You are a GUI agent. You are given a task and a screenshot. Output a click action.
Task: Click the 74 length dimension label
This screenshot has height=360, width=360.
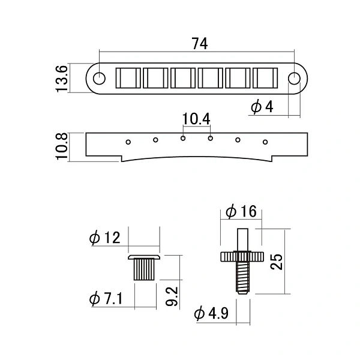[x=200, y=44]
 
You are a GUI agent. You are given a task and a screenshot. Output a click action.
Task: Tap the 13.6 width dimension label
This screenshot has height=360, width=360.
[x=62, y=79]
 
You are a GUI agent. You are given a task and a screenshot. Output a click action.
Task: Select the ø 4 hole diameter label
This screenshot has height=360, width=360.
[x=262, y=107]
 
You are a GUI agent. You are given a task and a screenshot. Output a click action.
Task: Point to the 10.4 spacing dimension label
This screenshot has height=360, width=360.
[x=196, y=119]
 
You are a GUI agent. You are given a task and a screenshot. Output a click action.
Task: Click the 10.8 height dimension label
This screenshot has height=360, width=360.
[x=62, y=146]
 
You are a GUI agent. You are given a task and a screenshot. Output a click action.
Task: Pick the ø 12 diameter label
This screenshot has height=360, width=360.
[x=104, y=238]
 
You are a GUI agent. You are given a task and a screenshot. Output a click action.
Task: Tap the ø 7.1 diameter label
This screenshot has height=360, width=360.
[x=106, y=298]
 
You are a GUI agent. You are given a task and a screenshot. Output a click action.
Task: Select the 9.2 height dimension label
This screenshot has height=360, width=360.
[x=172, y=296]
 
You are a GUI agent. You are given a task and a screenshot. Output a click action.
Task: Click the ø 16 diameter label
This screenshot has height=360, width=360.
[x=241, y=211]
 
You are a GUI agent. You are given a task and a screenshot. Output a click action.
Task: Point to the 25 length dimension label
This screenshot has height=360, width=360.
[x=276, y=262]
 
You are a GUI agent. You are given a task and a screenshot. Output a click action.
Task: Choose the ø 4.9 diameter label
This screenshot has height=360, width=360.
[x=211, y=313]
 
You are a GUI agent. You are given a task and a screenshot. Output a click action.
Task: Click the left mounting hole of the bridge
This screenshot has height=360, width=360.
[x=99, y=79]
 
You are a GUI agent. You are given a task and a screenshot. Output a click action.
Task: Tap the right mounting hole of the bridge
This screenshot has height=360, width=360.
[x=294, y=79]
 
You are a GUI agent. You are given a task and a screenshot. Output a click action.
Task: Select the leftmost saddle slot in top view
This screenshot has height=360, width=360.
[x=128, y=78]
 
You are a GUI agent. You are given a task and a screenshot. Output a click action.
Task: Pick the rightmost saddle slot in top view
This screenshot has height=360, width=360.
[x=265, y=78]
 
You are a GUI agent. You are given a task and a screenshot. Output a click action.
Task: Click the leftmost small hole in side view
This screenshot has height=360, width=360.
[x=128, y=142]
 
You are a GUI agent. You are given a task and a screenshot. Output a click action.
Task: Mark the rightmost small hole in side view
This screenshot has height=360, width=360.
[x=265, y=142]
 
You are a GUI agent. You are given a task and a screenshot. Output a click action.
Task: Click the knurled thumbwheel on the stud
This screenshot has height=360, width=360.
[x=242, y=257]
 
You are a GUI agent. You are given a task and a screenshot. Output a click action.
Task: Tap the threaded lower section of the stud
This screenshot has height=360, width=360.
[x=242, y=277]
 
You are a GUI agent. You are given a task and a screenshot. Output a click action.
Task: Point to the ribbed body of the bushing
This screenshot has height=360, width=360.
[x=144, y=269]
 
